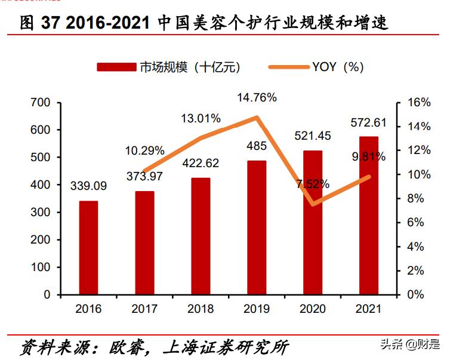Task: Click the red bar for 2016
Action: [x=88, y=248]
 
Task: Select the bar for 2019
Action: [x=257, y=227]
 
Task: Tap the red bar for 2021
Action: [x=368, y=216]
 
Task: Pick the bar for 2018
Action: [x=201, y=236]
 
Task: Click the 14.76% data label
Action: [x=257, y=98]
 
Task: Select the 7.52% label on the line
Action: [x=313, y=184]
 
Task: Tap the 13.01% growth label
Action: [x=201, y=118]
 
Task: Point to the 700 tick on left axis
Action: [x=39, y=103]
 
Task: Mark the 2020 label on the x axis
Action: [x=312, y=309]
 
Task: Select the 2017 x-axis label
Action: [x=144, y=309]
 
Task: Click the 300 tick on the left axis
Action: [x=39, y=213]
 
